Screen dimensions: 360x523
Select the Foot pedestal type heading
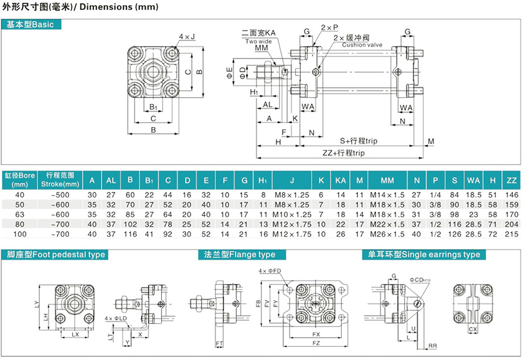[55, 255]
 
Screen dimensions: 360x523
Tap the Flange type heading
[240, 255]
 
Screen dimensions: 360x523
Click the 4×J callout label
[187, 37]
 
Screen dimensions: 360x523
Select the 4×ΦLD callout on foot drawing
[116, 318]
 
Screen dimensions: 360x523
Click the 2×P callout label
[329, 28]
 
